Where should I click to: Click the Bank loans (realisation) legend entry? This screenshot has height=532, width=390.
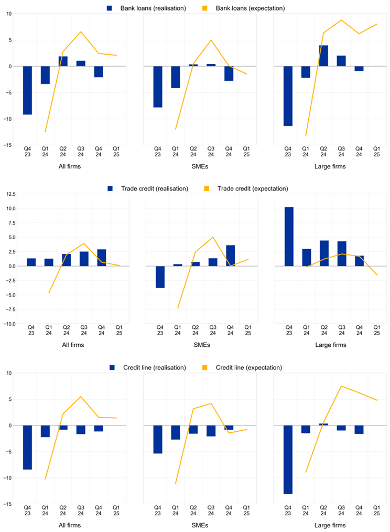[138, 8]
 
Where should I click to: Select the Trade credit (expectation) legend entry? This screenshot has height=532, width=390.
[252, 189]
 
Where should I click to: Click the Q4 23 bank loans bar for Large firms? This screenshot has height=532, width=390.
[288, 96]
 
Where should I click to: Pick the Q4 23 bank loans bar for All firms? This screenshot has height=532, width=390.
[27, 90]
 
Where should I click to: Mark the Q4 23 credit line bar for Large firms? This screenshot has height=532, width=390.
[288, 460]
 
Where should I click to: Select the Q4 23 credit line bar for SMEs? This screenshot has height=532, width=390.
[158, 439]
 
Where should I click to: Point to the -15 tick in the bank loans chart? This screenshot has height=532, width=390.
[8, 145]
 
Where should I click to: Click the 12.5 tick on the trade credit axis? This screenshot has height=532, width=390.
[10, 194]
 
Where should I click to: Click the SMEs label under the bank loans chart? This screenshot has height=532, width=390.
[202, 167]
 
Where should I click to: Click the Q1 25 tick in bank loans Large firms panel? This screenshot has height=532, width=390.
[376, 152]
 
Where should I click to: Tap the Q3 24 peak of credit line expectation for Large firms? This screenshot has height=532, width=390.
[341, 386]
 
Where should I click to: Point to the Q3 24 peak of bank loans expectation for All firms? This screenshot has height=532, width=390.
[81, 32]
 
